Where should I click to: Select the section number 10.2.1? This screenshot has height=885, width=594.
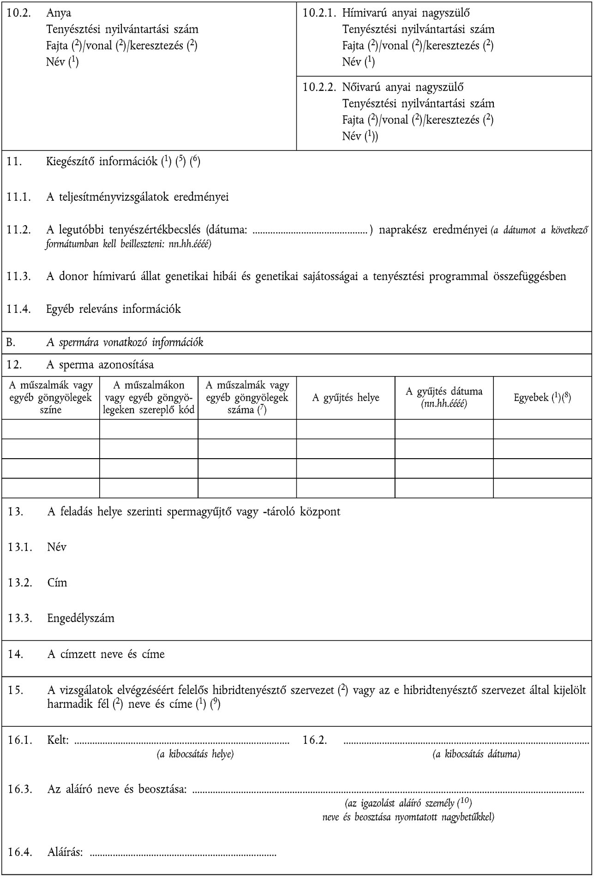tap(319, 13)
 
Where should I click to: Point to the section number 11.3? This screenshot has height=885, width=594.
tap(19, 276)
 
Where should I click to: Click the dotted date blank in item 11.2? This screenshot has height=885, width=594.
tap(312, 229)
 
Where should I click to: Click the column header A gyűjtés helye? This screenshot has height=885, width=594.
tap(346, 397)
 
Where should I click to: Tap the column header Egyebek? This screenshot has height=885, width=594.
tap(542, 397)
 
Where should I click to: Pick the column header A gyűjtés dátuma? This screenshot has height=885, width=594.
tap(444, 397)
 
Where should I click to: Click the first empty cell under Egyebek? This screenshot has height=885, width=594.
tap(542, 429)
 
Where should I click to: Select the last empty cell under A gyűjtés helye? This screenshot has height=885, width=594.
tap(346, 488)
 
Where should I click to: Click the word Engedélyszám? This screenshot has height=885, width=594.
tap(81, 618)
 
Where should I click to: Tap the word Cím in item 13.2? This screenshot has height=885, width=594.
tap(57, 582)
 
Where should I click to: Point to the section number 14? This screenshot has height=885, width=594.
tap(15, 654)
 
